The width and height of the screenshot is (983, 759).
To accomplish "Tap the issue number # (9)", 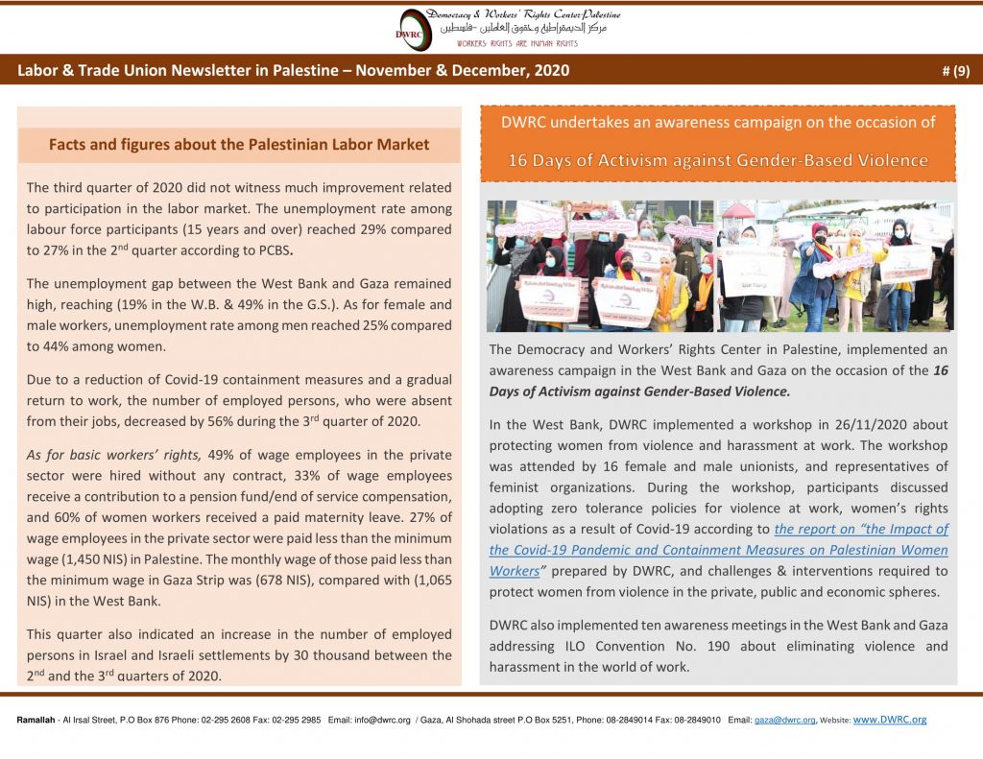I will click(956, 70).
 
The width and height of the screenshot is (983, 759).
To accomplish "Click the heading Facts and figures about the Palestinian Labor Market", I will click(239, 145).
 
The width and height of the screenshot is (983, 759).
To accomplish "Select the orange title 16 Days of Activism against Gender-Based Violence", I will click(718, 160).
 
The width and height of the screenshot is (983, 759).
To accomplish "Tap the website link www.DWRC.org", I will click(890, 720).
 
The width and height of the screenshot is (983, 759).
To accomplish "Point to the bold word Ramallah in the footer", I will click(36, 720).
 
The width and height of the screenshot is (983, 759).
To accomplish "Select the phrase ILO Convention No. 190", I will click(608, 646).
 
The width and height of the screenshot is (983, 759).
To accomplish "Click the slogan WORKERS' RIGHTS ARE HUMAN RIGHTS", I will click(516, 44).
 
